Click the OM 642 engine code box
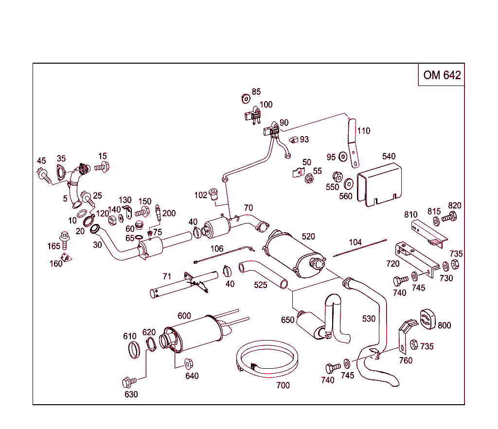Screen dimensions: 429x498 [x=442, y=75]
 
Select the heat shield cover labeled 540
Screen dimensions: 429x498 [x=380, y=184]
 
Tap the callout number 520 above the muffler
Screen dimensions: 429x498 [x=308, y=237]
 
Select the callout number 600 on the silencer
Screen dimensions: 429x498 [x=184, y=316]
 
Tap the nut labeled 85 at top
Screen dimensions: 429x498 [x=246, y=99]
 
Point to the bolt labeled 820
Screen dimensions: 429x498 [x=450, y=218]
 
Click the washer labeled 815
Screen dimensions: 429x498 [x=435, y=221]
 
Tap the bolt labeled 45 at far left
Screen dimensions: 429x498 [x=43, y=173]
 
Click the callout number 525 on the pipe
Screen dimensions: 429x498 [x=261, y=285]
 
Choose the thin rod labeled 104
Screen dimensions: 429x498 [x=360, y=247]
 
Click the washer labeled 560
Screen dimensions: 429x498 [x=348, y=185]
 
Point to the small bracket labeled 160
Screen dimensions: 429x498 [x=65, y=257]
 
